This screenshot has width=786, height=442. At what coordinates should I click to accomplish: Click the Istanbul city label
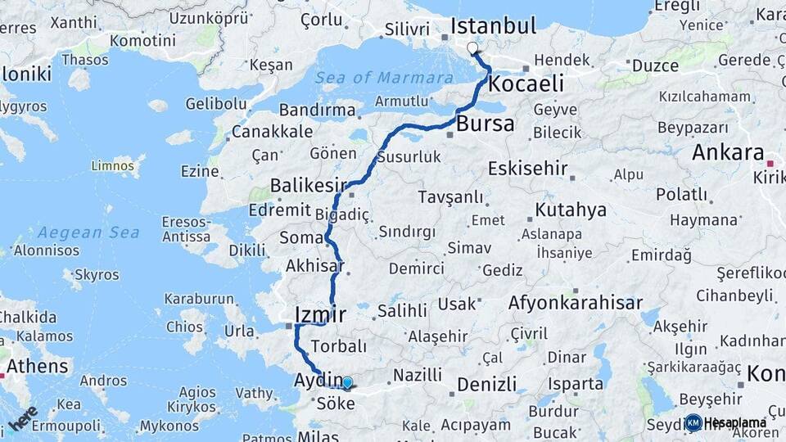pos(494,25)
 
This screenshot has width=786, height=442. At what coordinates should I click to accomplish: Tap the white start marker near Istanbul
pos(472,48)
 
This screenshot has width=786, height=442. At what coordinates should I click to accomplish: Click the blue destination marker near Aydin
pos(347,382)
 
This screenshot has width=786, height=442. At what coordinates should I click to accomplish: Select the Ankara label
pos(728,152)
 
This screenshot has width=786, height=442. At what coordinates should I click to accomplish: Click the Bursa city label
pos(486,124)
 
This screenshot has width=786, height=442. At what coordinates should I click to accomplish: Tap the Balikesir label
pos(309,186)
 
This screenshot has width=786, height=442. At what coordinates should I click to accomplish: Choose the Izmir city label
pos(319,314)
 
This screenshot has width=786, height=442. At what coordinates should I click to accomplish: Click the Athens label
pos(38,365)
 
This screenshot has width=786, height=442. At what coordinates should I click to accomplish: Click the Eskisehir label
pos(527,169)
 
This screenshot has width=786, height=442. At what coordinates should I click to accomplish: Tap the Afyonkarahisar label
pos(576,303)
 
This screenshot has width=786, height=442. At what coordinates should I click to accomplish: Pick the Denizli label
pos(487,383)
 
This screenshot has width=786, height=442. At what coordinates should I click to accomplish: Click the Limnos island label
pos(114,166)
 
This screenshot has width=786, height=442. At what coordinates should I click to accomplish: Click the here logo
pos(23,418)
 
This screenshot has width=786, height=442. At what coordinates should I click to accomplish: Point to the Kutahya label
pos(571,210)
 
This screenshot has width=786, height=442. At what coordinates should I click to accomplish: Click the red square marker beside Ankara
pos(770,165)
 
